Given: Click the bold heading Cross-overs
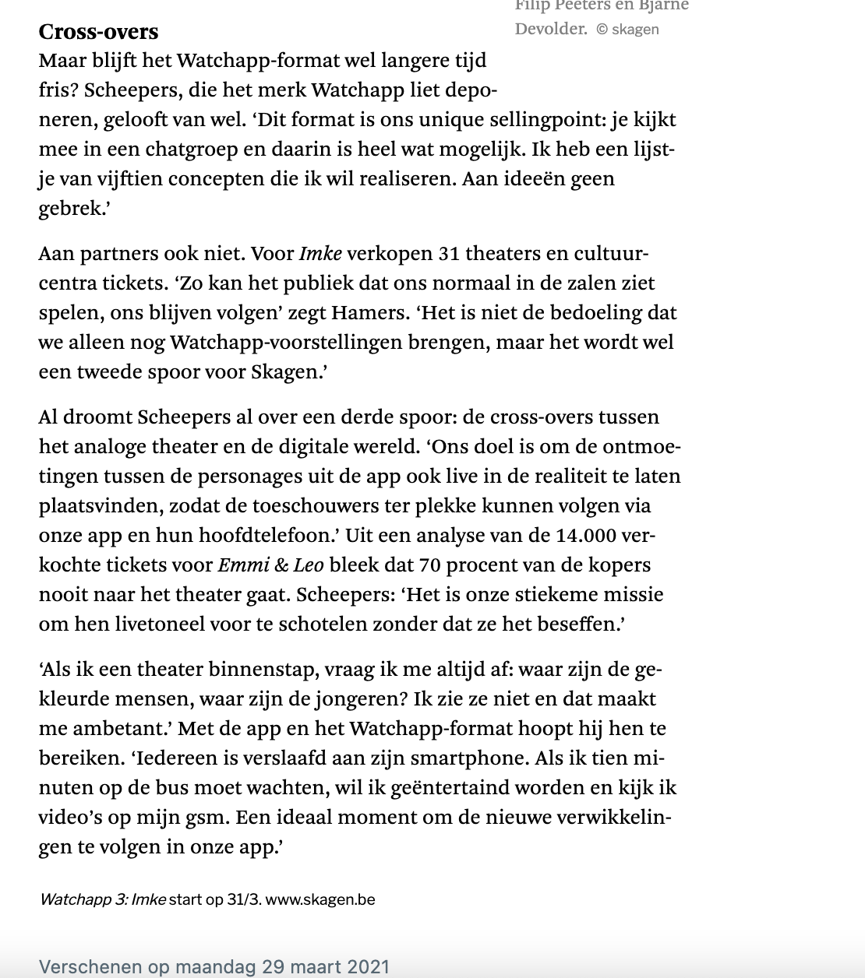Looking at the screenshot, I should point(98,32).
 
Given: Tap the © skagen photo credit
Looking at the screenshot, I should point(628,30).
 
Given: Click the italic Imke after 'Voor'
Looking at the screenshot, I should point(320,253).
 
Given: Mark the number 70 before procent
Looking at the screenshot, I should point(429,565).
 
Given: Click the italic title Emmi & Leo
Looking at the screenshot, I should point(270,565).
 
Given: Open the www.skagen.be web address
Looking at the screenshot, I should point(320,899).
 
